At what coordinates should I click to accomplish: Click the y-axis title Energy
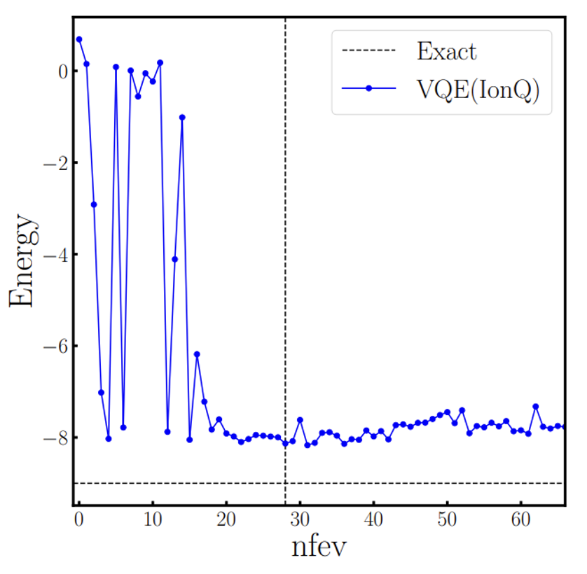(x=22, y=260)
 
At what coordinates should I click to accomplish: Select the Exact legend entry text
(x=446, y=51)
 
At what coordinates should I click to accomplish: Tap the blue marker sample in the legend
(x=368, y=88)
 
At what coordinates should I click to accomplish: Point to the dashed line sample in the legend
(x=368, y=51)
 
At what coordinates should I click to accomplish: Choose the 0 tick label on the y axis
(x=62, y=71)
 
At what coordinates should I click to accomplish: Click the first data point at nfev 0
(x=79, y=39)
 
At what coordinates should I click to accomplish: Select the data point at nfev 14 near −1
(x=182, y=118)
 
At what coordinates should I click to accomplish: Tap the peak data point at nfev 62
(x=536, y=407)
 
